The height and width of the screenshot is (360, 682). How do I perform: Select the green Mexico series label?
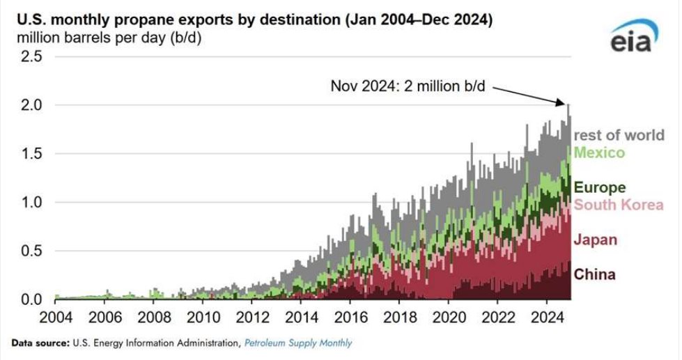pos(598,152)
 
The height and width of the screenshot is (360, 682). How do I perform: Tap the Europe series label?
pos(599,187)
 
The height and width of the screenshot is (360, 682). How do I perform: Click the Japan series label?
pos(595,240)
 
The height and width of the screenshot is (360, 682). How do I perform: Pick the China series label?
pos(594,274)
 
